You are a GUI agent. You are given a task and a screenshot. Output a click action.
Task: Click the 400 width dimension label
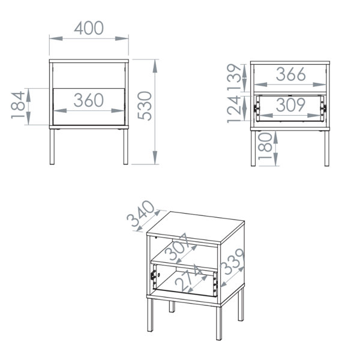pyautogui.click(x=89, y=28)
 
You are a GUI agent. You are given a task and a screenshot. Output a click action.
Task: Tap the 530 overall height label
pyautogui.click(x=145, y=106)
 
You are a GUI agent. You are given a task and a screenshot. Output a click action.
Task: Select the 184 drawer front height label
pyautogui.click(x=18, y=105)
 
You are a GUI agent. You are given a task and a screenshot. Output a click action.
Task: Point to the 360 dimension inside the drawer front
pyautogui.click(x=89, y=100)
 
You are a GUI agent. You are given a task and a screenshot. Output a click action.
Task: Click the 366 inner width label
pyautogui.click(x=290, y=74)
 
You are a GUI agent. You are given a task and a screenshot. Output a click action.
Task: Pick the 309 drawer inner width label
pyautogui.click(x=290, y=104)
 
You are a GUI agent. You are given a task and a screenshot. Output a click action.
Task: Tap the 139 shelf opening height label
pyautogui.click(x=234, y=76)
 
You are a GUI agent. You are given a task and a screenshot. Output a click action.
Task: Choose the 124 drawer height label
pyautogui.click(x=234, y=109)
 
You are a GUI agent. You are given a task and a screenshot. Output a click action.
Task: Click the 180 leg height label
pyautogui.click(x=265, y=146)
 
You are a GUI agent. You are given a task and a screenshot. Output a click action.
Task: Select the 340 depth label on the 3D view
pyautogui.click(x=141, y=214)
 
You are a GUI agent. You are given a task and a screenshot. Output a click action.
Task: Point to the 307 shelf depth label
pyautogui.click(x=177, y=247)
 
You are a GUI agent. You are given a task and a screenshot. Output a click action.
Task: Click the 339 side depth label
pyautogui.click(x=232, y=262)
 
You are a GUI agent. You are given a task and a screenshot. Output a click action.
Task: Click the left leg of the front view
pyautogui.click(x=52, y=147)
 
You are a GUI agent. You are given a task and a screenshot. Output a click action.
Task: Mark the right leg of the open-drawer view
pyautogui.click(x=327, y=148)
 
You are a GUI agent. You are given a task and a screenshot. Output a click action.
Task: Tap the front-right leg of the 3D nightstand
pyautogui.click(x=219, y=323)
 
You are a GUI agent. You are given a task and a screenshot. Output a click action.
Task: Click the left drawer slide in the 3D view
pyautogui.click(x=154, y=275)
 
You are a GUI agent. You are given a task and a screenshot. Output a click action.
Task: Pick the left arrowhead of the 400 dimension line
pyautogui.click(x=56, y=38)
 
